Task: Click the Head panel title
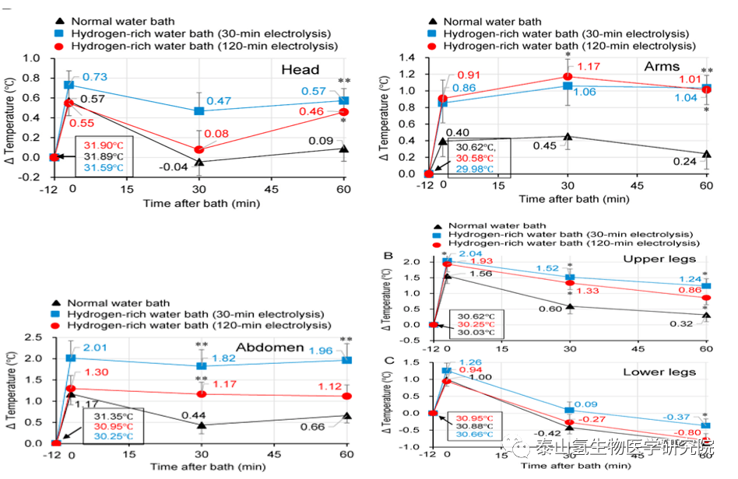300,70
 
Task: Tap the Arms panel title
662,66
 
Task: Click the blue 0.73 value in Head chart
94,77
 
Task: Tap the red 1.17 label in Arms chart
589,67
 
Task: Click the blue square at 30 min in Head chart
199,111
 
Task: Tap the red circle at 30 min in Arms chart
568,76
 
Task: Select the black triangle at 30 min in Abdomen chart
202,425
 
